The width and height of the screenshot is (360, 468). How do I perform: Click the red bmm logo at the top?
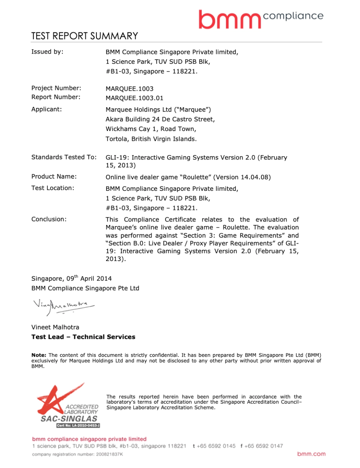coord(229,19)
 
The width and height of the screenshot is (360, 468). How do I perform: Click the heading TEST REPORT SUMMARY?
coord(85,36)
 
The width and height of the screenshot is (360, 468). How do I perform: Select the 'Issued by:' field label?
coord(47,52)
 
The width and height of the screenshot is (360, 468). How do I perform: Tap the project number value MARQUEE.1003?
coord(130,89)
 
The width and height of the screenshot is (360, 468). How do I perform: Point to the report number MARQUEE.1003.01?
coord(134,98)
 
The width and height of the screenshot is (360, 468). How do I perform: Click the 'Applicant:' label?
coord(46,109)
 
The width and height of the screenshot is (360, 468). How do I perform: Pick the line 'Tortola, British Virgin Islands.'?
coord(151,139)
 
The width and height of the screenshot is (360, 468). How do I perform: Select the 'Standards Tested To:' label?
coord(64,157)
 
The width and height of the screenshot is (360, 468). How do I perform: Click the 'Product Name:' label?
coord(54,176)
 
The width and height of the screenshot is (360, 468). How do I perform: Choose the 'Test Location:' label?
coord(53,188)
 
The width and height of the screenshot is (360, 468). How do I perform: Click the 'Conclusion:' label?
coord(49,219)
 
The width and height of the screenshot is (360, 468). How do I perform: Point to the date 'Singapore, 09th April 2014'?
coord(71,279)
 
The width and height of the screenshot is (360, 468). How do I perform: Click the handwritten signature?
coord(63,306)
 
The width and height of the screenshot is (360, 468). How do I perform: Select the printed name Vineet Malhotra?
coord(55,327)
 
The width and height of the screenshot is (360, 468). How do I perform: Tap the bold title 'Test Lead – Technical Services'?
coord(83,337)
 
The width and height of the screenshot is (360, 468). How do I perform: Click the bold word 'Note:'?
coord(39,355)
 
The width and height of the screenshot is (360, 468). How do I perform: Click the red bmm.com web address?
coord(311,454)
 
